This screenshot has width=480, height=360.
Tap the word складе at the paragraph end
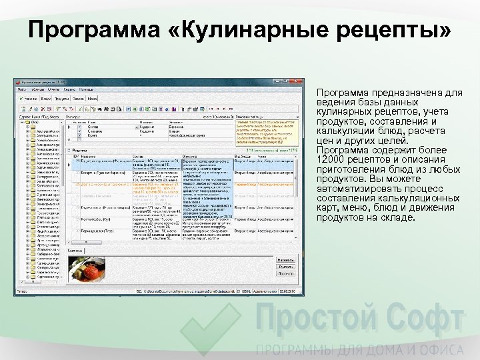pos(399,217)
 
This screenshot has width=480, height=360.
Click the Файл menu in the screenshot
pos(22,89)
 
